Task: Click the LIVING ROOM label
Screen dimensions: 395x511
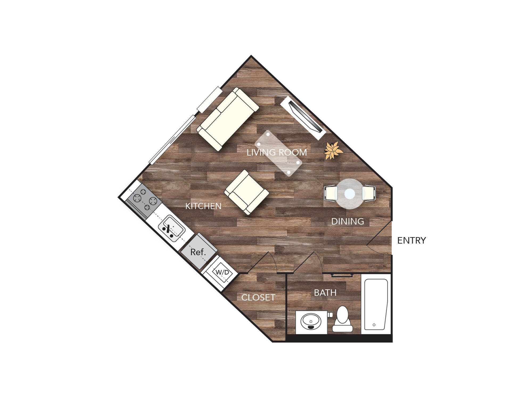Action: pos(277,153)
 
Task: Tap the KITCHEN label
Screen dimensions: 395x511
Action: pos(203,206)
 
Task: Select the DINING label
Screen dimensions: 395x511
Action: pos(347,221)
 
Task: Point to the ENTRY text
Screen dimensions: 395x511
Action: pos(411,241)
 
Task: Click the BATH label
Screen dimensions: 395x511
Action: pos(325,293)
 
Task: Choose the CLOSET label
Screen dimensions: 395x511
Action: pos(258,297)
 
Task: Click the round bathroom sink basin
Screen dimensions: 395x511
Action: pos(311,321)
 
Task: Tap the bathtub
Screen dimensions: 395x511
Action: pos(376,304)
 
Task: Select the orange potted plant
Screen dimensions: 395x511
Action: pos(333,151)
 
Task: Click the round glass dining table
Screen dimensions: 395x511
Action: pos(349,194)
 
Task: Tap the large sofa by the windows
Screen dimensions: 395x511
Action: pos(228,119)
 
